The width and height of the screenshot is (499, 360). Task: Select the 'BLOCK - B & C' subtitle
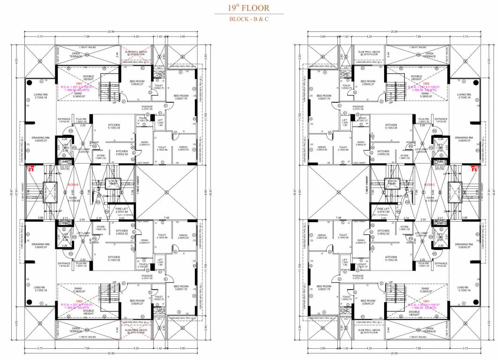coord(249,19)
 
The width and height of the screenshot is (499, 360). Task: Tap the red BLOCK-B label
coord(72,185)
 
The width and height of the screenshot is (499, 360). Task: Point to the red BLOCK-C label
coord(429,185)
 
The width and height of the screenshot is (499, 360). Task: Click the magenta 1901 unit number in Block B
coord(76,82)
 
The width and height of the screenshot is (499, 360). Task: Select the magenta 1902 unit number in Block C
coord(426,82)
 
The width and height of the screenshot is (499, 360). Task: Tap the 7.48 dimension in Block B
coord(167,217)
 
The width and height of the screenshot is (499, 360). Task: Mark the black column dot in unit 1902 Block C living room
coord(473,83)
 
